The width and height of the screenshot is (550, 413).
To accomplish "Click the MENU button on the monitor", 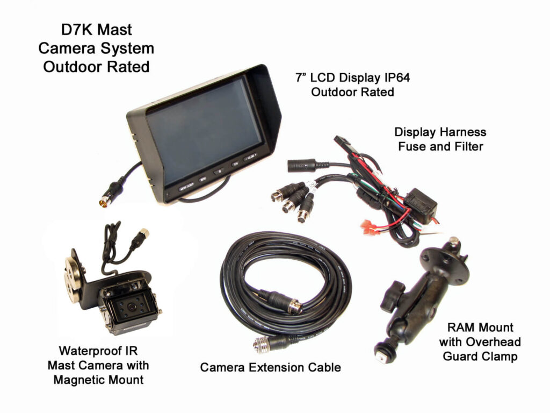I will [202, 179].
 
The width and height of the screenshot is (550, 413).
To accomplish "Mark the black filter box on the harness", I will [420, 205].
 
